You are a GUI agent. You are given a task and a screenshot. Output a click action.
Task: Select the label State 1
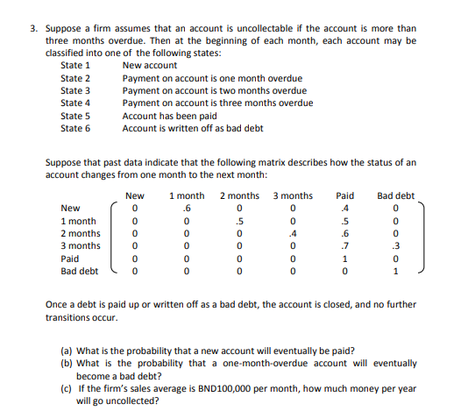(x=75, y=66)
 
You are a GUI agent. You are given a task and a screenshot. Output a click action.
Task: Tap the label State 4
(x=75, y=103)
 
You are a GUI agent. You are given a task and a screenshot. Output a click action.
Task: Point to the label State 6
(x=75, y=129)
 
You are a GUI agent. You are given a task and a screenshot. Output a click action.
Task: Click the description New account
(x=150, y=66)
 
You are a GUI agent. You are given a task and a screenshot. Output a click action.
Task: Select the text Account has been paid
(x=168, y=116)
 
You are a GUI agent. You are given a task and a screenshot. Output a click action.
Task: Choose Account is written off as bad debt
(x=192, y=129)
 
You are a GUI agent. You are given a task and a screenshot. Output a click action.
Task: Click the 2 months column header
(x=239, y=195)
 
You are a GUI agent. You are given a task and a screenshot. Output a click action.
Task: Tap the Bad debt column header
(x=395, y=195)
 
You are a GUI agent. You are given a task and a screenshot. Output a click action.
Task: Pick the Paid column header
(x=345, y=195)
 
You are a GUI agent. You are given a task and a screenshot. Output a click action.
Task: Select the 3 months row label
(x=80, y=246)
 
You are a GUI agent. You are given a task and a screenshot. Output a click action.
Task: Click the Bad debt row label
(x=79, y=271)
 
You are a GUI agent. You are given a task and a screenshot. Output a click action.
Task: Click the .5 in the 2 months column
(x=239, y=221)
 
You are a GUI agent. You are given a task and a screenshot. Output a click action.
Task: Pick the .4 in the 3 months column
(x=292, y=234)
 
